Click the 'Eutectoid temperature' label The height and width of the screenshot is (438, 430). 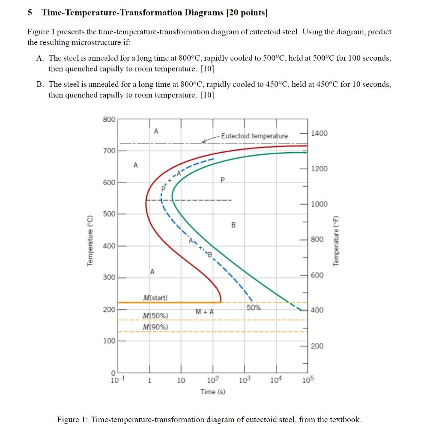254,136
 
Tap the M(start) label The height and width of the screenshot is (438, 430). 155,298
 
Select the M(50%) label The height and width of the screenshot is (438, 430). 155,316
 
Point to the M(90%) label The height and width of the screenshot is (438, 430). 155,327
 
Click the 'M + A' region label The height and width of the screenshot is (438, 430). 204,312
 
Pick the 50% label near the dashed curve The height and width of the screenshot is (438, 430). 254,308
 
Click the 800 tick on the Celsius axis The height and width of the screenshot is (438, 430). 109,119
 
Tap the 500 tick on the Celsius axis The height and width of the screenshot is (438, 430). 109,214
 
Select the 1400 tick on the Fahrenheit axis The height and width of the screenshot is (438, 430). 319,133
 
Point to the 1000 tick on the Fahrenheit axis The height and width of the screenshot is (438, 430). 319,204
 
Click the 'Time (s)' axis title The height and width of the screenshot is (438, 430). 213,391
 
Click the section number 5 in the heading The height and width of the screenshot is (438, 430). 30,12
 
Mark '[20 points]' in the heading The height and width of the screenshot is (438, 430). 247,12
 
